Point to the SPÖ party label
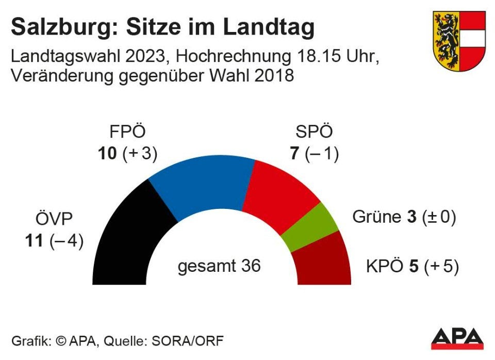pos(314,133)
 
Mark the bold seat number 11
pos(35,241)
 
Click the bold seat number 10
pos(108,154)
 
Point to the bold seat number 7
pos(295,154)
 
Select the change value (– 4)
pos(67,241)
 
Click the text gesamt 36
pos(219,266)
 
